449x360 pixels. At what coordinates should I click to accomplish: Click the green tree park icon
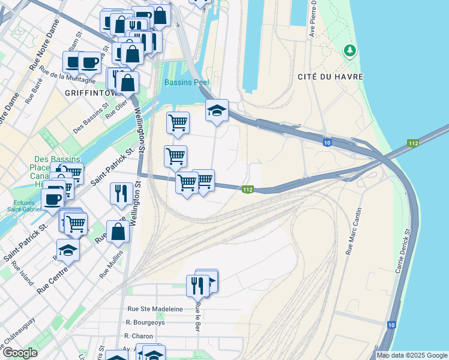(x=349, y=51)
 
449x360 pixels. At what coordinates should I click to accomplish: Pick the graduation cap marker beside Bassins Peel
(x=217, y=110)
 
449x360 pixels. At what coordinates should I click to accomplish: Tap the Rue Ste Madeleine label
(x=155, y=308)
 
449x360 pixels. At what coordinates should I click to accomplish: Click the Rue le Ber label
(x=197, y=317)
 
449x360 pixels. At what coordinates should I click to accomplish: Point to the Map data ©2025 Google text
(x=412, y=355)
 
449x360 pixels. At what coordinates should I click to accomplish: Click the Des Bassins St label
(x=91, y=118)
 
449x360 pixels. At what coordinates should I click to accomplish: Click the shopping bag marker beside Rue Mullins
(x=118, y=232)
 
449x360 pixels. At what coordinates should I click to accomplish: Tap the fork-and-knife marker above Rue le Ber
(x=197, y=285)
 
